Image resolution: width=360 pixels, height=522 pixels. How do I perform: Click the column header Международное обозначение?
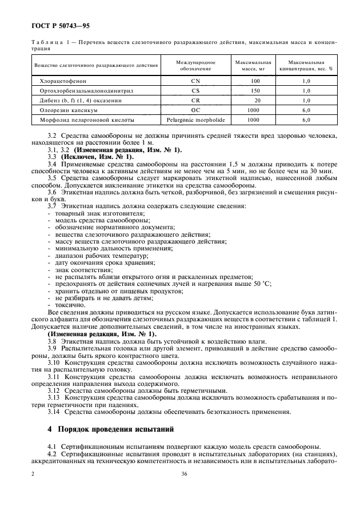(x=196, y=65)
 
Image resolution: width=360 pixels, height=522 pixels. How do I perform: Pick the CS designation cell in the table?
(x=196, y=91)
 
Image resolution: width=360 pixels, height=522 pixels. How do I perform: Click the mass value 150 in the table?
(x=255, y=91)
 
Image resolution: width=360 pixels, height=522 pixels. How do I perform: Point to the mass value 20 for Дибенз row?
(x=257, y=101)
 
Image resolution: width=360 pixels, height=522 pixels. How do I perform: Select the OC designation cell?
(x=196, y=110)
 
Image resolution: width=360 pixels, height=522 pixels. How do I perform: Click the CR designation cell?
(x=196, y=101)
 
